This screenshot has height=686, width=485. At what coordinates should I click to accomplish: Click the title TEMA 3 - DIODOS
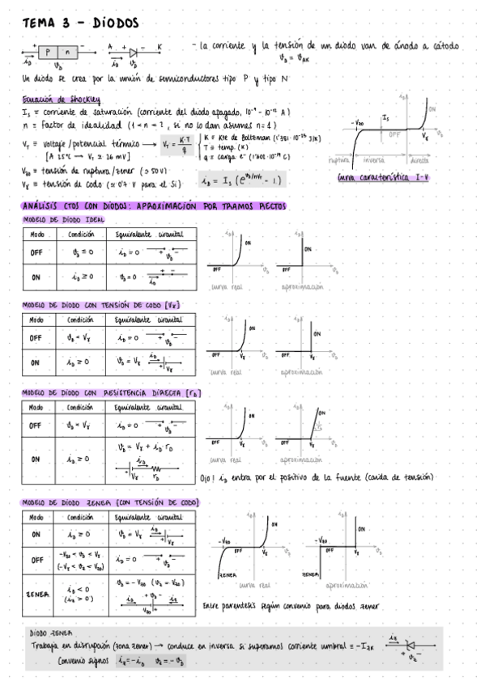81,24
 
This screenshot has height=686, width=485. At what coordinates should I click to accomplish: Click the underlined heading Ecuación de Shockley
62,101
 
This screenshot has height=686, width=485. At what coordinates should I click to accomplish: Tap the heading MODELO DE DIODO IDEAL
62,219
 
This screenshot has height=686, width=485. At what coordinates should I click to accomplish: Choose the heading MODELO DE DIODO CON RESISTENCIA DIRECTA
111,392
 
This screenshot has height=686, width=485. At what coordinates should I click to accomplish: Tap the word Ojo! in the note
210,477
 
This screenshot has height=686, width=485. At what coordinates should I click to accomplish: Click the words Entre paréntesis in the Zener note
230,604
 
